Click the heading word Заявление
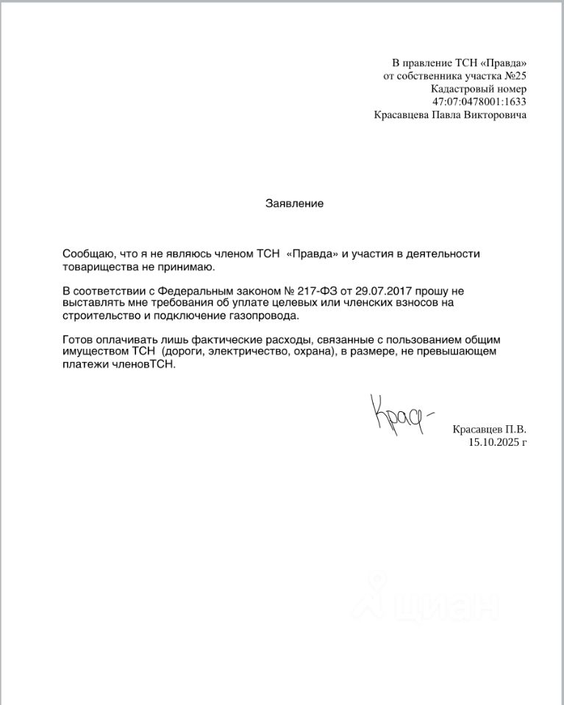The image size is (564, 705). coord(294,203)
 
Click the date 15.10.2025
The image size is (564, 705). coord(493,442)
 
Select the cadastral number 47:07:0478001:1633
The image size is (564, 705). coord(479,101)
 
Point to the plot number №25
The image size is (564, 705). coord(514,75)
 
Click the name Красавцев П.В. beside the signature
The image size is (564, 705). coord(490,429)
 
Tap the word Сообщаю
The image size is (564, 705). coord(87,253)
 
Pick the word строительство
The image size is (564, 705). coord(99,316)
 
